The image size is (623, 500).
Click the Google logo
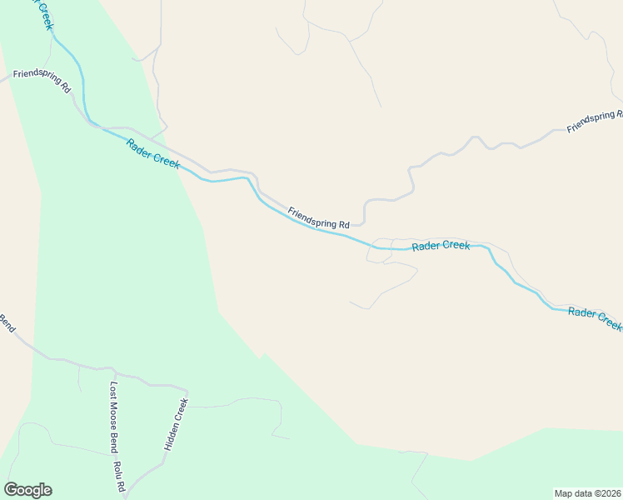coord(27,490)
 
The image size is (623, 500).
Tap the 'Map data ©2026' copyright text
coord(587,492)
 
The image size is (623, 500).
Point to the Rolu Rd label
coord(119,476)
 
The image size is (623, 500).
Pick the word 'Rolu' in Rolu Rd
coord(118,470)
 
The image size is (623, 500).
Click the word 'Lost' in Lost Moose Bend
coord(114,391)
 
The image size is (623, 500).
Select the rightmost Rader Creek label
coord(595,317)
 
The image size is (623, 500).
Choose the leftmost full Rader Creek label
coord(153,153)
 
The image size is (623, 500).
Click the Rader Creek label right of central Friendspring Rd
coord(441,246)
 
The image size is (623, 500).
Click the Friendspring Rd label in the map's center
coord(318,218)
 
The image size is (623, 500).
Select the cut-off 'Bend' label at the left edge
coord(6,322)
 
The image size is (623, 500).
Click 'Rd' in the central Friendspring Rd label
coord(344,225)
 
